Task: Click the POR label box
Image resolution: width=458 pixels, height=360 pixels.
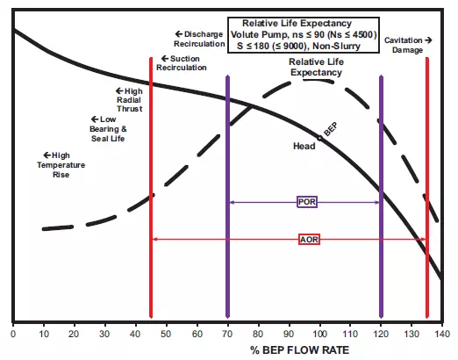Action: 307,202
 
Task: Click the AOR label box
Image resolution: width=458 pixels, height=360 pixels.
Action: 309,240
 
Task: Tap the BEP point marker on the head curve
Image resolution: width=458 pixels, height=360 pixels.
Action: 320,138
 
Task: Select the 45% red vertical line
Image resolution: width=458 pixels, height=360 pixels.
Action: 151,187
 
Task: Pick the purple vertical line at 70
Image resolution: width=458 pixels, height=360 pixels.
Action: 227,197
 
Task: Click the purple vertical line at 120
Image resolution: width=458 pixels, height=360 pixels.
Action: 381,197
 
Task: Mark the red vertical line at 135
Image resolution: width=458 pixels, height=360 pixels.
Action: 427,187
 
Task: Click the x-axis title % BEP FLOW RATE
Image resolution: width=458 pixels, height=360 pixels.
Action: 300,350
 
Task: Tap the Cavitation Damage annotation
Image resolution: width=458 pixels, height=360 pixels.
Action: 408,45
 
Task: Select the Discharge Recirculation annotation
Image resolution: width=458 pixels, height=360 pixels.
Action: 199,39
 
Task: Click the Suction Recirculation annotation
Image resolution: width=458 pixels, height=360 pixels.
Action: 182,63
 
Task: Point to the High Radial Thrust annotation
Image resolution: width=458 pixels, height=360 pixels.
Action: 129,100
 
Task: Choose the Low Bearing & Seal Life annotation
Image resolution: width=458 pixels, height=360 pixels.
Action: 108,129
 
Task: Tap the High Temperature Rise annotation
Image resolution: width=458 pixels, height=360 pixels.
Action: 61,165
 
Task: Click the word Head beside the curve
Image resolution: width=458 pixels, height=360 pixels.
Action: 304,146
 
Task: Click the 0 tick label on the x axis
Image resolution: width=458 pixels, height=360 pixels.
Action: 13,334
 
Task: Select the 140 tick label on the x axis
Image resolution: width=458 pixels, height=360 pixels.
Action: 442,334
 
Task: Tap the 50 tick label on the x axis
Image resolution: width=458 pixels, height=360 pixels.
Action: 166,334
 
